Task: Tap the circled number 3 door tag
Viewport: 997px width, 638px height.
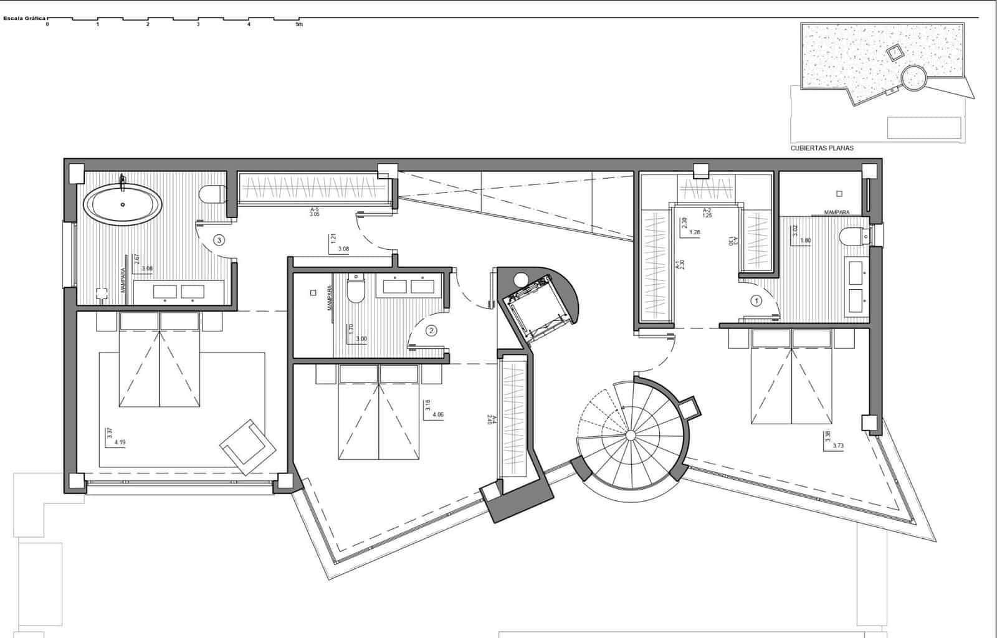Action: [x=219, y=239]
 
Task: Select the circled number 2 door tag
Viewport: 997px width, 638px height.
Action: [x=431, y=331]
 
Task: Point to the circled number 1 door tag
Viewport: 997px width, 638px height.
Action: [x=756, y=301]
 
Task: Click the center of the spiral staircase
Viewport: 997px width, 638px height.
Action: [x=630, y=434]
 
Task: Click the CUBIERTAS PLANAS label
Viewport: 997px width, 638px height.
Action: [x=822, y=148]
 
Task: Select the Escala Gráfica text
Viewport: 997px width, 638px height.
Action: [x=24, y=18]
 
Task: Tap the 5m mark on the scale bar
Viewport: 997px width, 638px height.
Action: [x=299, y=25]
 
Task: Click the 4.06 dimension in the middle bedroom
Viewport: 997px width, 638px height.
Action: [x=436, y=414]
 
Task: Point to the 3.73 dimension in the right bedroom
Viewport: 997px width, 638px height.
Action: [x=838, y=445]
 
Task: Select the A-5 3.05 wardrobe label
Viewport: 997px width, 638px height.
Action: [x=315, y=212]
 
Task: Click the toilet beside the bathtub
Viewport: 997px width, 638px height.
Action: [x=212, y=194]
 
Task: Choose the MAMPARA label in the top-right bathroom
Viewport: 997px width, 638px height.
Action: [x=836, y=212]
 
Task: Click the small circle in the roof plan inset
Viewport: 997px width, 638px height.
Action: [x=914, y=78]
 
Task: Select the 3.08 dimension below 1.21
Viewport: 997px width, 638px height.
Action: [x=343, y=249]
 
